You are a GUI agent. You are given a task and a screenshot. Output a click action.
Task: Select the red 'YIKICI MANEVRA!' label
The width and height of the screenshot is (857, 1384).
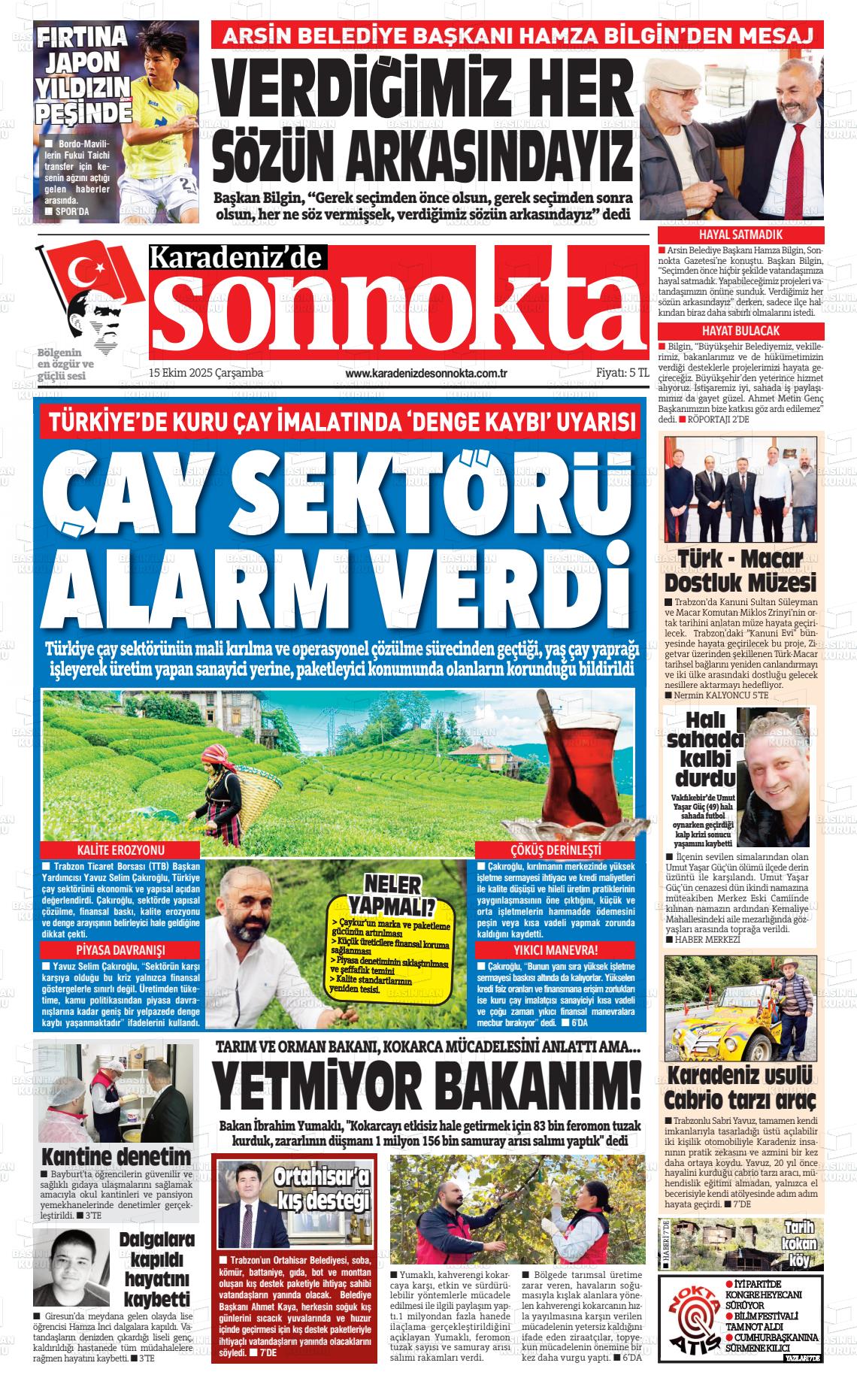[x=556, y=949]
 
